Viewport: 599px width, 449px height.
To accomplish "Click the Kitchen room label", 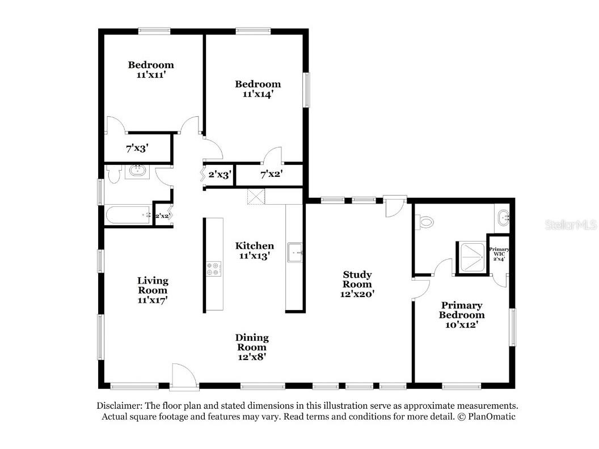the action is tap(255, 246).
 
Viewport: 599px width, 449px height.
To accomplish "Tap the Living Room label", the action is tap(153, 286).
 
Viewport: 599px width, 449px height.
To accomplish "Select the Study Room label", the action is tap(357, 279).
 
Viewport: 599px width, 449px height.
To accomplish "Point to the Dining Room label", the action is tap(252, 342).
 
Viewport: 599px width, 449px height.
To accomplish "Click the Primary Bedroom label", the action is tap(462, 310).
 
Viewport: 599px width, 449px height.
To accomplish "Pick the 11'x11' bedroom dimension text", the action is tap(151, 75).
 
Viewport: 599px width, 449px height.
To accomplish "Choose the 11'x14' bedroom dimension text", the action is tap(258, 94).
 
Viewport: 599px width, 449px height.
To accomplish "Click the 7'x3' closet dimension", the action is tap(137, 148).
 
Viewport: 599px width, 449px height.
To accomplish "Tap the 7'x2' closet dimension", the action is tap(272, 175).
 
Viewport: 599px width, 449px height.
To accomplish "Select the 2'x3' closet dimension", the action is tap(220, 175).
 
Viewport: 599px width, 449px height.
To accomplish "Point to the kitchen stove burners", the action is tap(214, 268).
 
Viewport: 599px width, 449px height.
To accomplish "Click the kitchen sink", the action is tap(295, 253).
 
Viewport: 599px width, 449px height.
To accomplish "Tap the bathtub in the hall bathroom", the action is tap(128, 215).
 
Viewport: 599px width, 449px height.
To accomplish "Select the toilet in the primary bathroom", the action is tap(424, 222).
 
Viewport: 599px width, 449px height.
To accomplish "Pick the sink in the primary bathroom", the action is tap(503, 218).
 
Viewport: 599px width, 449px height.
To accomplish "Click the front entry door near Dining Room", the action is tap(184, 377).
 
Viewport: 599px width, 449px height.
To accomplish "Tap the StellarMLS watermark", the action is tap(571, 225).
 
